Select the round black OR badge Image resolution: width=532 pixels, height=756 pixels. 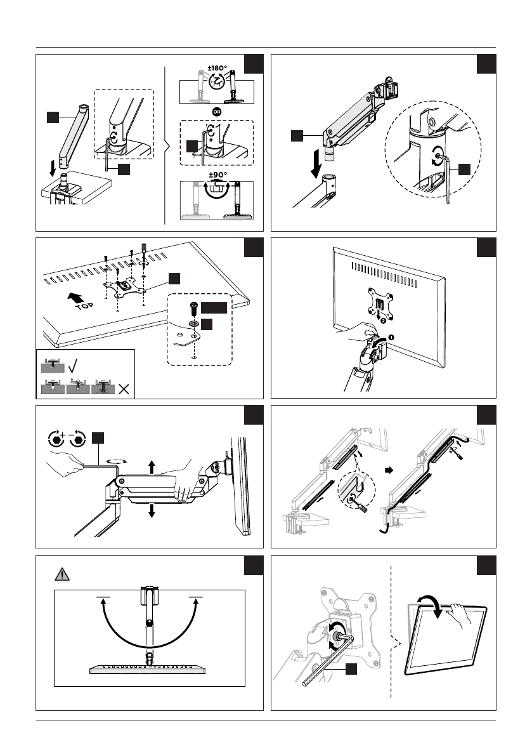[217, 112]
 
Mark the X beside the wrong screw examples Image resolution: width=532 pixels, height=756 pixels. [123, 388]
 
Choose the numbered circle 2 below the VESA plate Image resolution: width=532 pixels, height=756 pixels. [382, 321]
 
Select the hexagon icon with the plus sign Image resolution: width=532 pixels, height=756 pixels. [56, 439]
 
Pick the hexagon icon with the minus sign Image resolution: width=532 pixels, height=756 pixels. [79, 439]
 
